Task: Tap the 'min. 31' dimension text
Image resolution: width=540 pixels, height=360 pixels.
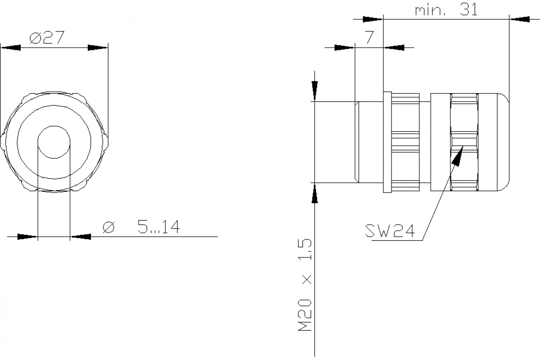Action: (445, 11)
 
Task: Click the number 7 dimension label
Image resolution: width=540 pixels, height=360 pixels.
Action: (369, 38)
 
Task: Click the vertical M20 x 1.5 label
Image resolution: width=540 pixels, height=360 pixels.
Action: (305, 286)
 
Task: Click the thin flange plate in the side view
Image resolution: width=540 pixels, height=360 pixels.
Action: (387, 142)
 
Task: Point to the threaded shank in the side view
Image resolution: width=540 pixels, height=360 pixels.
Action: (369, 142)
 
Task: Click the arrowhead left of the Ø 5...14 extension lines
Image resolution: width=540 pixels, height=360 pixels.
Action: (27, 236)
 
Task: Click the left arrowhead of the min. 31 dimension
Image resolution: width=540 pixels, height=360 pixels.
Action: (373, 19)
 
